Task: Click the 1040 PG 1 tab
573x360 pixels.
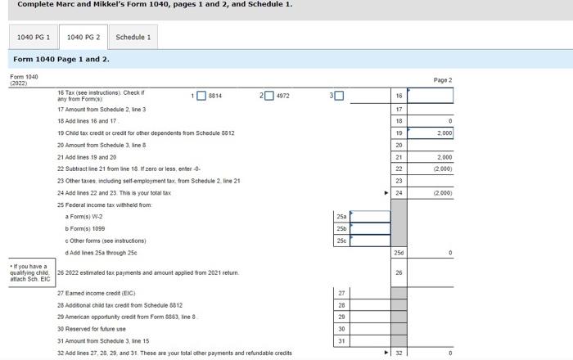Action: coord(34,37)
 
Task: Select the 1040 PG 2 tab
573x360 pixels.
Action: coord(83,37)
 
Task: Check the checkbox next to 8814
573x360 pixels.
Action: coord(202,96)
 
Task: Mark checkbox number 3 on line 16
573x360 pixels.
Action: coord(339,96)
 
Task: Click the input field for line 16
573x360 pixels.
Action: coord(430,96)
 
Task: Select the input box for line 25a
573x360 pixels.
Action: coord(370,217)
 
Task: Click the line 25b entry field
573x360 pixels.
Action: coord(370,229)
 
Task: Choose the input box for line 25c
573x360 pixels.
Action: coord(370,241)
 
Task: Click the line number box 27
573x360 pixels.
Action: coord(342,293)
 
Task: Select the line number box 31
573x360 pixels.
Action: coord(342,340)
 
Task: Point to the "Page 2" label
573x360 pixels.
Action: coord(442,80)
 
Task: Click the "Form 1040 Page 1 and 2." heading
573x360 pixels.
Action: coord(61,59)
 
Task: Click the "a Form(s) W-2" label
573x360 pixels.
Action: coord(84,217)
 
